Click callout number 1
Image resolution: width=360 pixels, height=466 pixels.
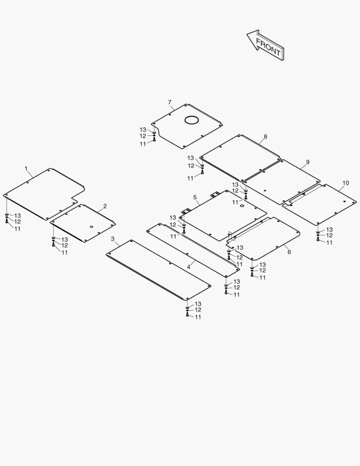pyautogui.click(x=26, y=168)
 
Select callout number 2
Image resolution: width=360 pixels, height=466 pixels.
pyautogui.click(x=105, y=206)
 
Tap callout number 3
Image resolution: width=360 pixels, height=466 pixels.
pyautogui.click(x=113, y=239)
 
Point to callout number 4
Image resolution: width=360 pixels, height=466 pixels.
pyautogui.click(x=188, y=267)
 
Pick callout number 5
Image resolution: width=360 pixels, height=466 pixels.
pyautogui.click(x=195, y=197)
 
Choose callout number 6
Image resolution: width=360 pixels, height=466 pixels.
pyautogui.click(x=289, y=252)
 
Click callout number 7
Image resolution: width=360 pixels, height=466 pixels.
pyautogui.click(x=170, y=102)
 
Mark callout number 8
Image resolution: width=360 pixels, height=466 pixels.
pyautogui.click(x=265, y=136)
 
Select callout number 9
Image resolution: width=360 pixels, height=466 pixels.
pyautogui.click(x=308, y=162)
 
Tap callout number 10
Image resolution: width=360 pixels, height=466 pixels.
pyautogui.click(x=346, y=183)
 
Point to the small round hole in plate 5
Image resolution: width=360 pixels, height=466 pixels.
pyautogui.click(x=242, y=206)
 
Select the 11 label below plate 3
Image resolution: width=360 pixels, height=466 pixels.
pyautogui.click(x=198, y=317)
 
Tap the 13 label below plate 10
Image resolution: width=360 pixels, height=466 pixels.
pyautogui.click(x=329, y=230)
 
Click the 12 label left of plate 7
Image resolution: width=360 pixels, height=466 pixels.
pyautogui.click(x=143, y=136)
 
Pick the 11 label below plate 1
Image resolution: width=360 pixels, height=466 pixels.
pyautogui.click(x=18, y=229)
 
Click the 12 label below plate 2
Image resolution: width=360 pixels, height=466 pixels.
pyautogui.click(x=65, y=246)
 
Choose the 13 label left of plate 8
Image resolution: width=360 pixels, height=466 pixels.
pyautogui.click(x=191, y=158)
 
